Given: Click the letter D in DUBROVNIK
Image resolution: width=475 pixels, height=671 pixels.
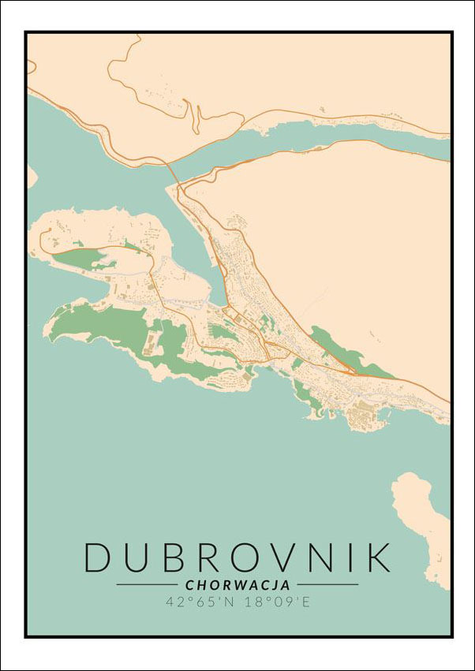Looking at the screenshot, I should coord(99,557).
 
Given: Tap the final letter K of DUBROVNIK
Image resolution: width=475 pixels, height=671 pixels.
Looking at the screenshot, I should coord(377,557).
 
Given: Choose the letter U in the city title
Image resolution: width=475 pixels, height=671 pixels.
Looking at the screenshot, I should coord(135,557).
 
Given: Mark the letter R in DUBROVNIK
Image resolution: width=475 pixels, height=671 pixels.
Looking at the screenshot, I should coord(204,557).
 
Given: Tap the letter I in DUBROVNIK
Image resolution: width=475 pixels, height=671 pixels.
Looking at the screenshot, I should coord(346,557).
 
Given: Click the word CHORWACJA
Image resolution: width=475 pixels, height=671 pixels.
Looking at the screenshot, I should coord(237,585).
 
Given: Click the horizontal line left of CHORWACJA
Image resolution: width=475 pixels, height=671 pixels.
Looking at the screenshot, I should coord(148,585).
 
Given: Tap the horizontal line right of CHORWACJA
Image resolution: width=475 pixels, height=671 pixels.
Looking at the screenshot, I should coord(327,585).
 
